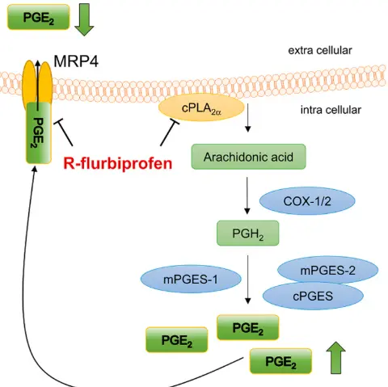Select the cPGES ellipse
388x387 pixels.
pyautogui.click(x=311, y=296)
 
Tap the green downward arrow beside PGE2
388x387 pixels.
pyautogui.click(x=84, y=20)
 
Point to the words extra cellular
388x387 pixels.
pyautogui.click(x=320, y=52)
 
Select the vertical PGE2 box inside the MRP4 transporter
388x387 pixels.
pyautogui.click(x=37, y=133)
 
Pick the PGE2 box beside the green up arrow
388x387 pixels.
pyautogui.click(x=281, y=360)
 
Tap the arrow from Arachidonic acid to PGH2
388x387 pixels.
pyautogui.click(x=244, y=196)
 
